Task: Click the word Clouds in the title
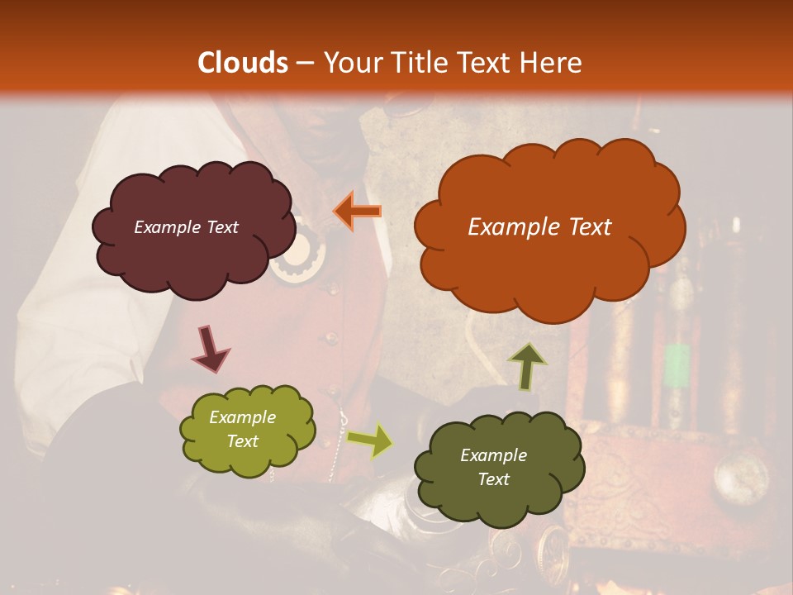[x=243, y=63]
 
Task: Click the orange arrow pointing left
[x=357, y=211]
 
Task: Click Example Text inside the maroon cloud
[x=186, y=227]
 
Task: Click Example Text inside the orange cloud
[x=539, y=227]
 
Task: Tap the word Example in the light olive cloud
[x=242, y=417]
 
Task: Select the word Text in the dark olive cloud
[x=493, y=479]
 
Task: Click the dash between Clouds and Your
[x=304, y=64]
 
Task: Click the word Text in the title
[x=487, y=63]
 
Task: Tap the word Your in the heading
[x=353, y=63]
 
